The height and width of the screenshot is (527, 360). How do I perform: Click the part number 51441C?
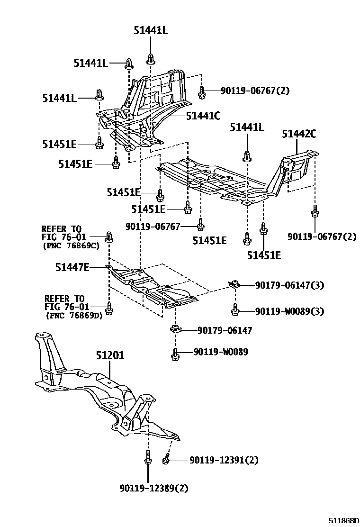pos(203,116)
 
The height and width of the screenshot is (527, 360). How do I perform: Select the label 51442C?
pos(299,134)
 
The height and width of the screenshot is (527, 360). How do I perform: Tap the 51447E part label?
pos(72,267)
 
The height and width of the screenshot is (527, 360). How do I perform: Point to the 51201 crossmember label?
pos(110,355)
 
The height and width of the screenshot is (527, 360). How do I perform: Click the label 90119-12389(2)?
pos(154,488)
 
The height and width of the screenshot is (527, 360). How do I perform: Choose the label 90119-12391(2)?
pos(224,460)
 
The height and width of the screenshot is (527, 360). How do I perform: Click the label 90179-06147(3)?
pos(290,285)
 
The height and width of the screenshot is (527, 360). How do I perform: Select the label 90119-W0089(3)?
pos(290,311)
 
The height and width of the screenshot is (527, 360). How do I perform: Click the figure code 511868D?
pos(342,521)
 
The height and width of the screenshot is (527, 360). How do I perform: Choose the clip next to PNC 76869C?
pos(109,237)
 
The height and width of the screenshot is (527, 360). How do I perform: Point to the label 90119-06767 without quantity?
pos(153,227)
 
